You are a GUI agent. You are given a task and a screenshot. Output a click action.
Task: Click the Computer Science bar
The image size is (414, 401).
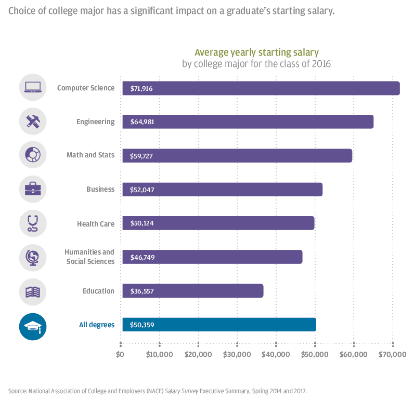pyautogui.click(x=260, y=88)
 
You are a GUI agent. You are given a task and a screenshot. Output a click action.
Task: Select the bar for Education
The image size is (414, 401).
pyautogui.click(x=192, y=291)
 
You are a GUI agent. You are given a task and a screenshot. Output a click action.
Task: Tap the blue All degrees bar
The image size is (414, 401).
pyautogui.click(x=218, y=325)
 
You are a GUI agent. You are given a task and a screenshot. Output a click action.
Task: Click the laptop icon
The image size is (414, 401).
pyautogui.click(x=33, y=88)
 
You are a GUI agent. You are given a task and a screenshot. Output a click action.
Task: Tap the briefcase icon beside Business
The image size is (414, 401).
pyautogui.click(x=33, y=189)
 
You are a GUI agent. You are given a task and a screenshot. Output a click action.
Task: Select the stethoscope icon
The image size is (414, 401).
pyautogui.click(x=33, y=223)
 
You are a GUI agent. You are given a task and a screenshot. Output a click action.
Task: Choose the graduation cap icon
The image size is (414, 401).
pyautogui.click(x=33, y=326)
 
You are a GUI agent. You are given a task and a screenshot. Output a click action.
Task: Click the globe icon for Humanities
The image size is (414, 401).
pyautogui.click(x=33, y=257)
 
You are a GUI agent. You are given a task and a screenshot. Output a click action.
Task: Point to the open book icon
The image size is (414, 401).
pyautogui.click(x=33, y=291)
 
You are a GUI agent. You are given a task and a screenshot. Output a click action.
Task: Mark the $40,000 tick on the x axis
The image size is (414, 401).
pyautogui.click(x=276, y=355)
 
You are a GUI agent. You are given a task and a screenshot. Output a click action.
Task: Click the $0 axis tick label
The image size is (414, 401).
pyautogui.click(x=120, y=355)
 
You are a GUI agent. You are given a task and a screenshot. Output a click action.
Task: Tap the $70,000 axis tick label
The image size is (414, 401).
pyautogui.click(x=392, y=355)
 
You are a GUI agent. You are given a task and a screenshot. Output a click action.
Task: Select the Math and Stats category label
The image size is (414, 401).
pyautogui.click(x=90, y=155)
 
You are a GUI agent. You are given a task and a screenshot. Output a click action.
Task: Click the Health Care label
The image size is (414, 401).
pyautogui.click(x=96, y=224)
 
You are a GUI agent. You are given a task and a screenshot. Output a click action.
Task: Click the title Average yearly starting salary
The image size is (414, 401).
pyautogui.click(x=256, y=52)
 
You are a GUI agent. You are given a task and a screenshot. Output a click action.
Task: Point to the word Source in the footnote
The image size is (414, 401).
pyautogui.click(x=17, y=390)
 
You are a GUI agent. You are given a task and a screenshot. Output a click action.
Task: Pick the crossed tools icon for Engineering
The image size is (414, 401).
pyautogui.click(x=33, y=122)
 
